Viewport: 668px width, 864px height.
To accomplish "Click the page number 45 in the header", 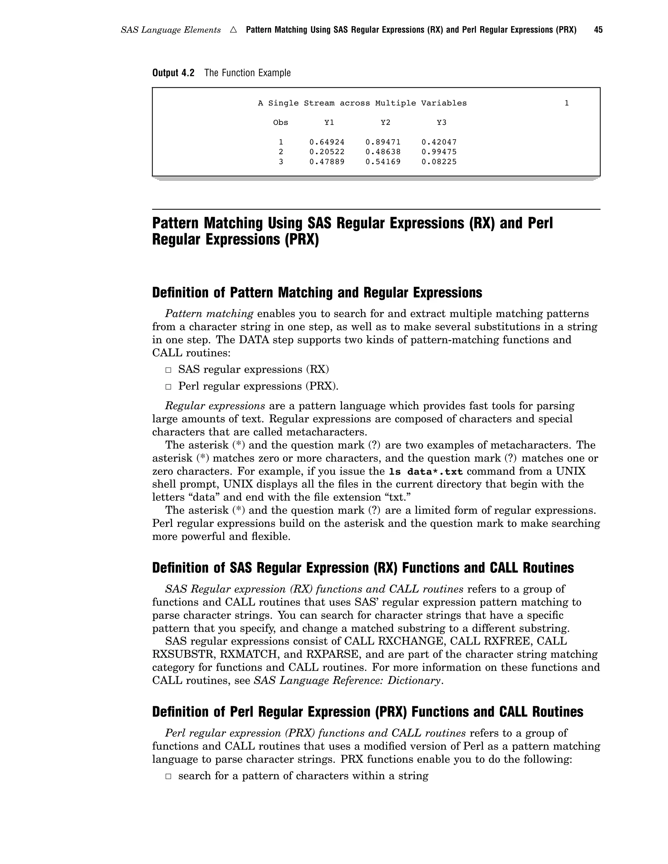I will click(x=598, y=30).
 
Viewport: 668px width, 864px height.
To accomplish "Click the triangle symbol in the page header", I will click(x=234, y=30).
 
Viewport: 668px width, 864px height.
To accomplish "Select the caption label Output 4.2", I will click(x=173, y=73).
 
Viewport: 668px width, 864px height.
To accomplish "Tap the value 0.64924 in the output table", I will click(x=327, y=142).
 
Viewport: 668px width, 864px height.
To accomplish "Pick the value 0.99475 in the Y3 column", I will click(x=439, y=152).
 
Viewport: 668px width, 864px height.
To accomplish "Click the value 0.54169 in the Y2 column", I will click(x=383, y=162).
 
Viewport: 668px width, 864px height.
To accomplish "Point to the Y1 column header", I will click(x=329, y=123).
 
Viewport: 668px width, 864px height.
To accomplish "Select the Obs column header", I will click(x=281, y=123).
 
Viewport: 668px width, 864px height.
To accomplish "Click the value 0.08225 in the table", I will click(x=439, y=162).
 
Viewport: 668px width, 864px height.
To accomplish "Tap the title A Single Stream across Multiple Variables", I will click(x=362, y=103).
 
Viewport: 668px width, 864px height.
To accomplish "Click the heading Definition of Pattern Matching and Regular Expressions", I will click(x=317, y=293).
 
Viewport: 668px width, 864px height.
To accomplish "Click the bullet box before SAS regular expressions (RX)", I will click(x=169, y=370).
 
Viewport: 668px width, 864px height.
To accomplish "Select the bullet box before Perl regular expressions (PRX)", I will click(x=169, y=386).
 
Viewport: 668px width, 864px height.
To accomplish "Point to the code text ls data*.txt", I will click(x=426, y=471).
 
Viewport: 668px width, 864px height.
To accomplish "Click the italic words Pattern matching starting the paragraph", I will click(x=209, y=314).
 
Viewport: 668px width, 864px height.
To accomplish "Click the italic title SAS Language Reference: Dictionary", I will click(x=347, y=680).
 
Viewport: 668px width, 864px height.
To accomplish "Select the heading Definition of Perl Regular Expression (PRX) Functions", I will click(x=368, y=712).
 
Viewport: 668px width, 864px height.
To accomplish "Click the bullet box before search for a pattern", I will click(x=169, y=776).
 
